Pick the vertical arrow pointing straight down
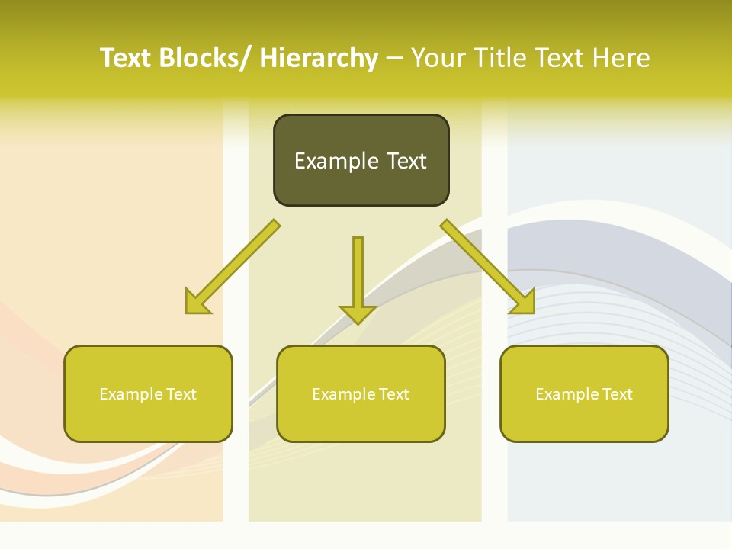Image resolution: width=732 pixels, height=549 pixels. pyautogui.click(x=358, y=278)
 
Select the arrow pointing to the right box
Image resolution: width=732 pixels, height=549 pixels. pyautogui.click(x=486, y=265)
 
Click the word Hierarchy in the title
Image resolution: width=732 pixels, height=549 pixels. pyautogui.click(x=319, y=58)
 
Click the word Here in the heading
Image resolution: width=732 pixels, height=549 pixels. pyautogui.click(x=621, y=58)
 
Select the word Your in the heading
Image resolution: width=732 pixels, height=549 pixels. pyautogui.click(x=437, y=58)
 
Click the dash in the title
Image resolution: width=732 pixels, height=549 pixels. pyautogui.click(x=394, y=59)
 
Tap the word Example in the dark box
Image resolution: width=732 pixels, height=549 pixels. pyautogui.click(x=336, y=162)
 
